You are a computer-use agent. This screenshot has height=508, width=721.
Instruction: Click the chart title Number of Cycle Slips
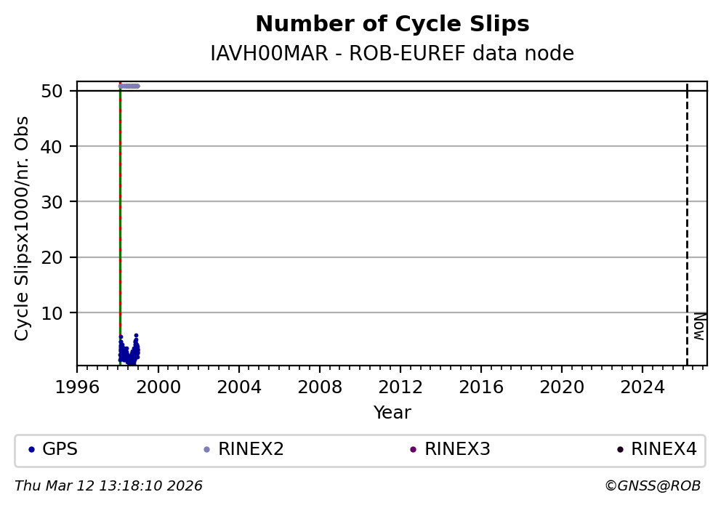pyautogui.click(x=392, y=25)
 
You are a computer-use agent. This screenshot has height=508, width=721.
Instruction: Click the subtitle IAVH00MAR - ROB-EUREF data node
pyautogui.click(x=392, y=54)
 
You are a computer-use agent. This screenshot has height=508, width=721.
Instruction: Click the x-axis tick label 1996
pyautogui.click(x=77, y=387)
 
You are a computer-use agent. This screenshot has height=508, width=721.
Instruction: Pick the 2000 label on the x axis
pyautogui.click(x=158, y=387)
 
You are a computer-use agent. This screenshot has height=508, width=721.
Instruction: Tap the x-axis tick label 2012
pyautogui.click(x=400, y=387)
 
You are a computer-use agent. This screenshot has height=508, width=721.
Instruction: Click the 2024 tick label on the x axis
pyautogui.click(x=642, y=387)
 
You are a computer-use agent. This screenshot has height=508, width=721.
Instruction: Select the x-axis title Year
pyautogui.click(x=392, y=413)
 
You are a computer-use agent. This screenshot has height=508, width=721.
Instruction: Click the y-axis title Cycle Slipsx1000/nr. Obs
pyautogui.click(x=23, y=228)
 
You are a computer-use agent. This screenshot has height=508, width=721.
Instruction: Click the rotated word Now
pyautogui.click(x=698, y=326)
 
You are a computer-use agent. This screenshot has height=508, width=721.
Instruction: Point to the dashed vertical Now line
pyautogui.click(x=687, y=218)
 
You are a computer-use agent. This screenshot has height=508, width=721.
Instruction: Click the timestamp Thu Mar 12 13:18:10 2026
pyautogui.click(x=108, y=486)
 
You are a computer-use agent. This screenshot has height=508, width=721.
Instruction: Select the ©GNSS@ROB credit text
pyautogui.click(x=653, y=486)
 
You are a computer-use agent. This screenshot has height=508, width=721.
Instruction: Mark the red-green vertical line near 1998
pyautogui.click(x=120, y=218)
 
